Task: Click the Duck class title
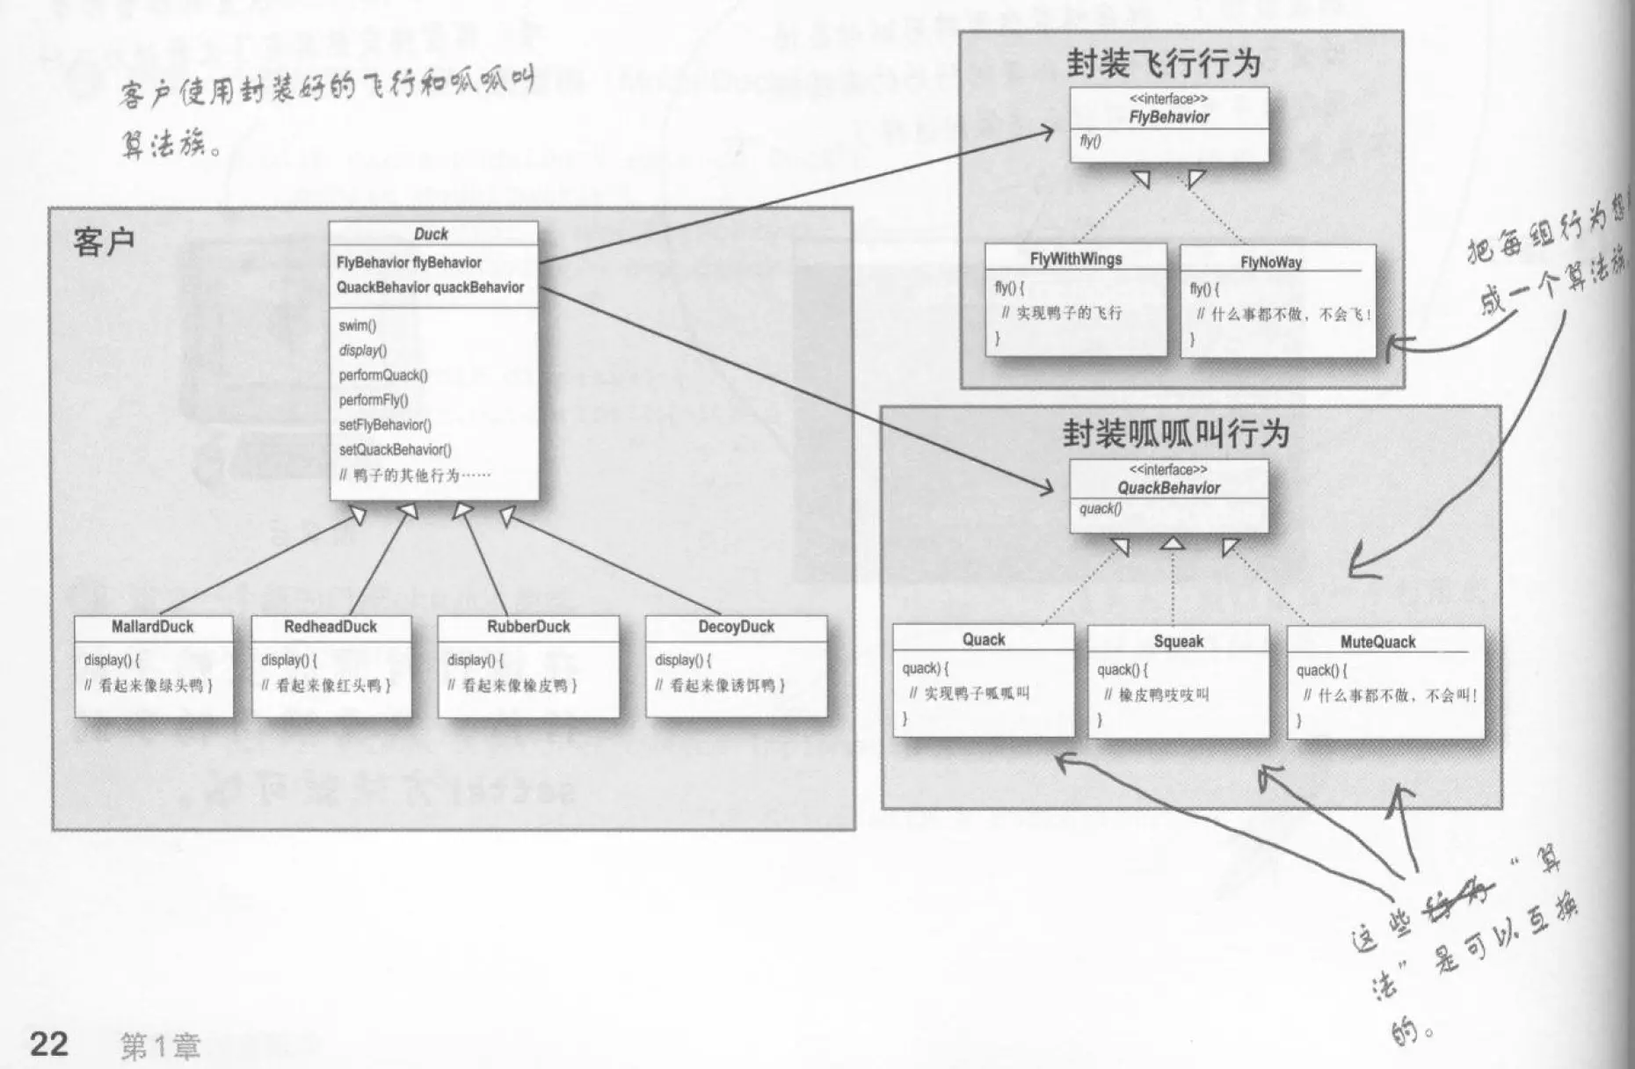click(x=431, y=234)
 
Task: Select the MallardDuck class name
click(x=152, y=627)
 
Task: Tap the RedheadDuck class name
click(x=330, y=627)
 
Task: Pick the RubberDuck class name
click(x=528, y=627)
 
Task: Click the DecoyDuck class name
click(x=736, y=627)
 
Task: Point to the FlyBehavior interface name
click(x=1168, y=117)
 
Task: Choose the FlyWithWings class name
click(x=1075, y=259)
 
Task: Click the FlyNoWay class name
click(x=1270, y=262)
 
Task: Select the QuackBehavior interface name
click(x=1168, y=488)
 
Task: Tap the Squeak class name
click(x=1178, y=641)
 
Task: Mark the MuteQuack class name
click(x=1377, y=642)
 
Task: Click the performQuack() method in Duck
click(x=383, y=375)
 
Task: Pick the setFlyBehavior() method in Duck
click(x=385, y=425)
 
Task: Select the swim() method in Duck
click(x=357, y=325)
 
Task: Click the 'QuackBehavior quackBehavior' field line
click(x=430, y=287)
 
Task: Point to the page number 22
click(x=49, y=1044)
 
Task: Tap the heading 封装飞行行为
click(x=1163, y=63)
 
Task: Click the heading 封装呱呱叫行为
click(x=1175, y=433)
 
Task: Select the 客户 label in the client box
click(x=104, y=242)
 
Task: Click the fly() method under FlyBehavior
click(x=1089, y=142)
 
